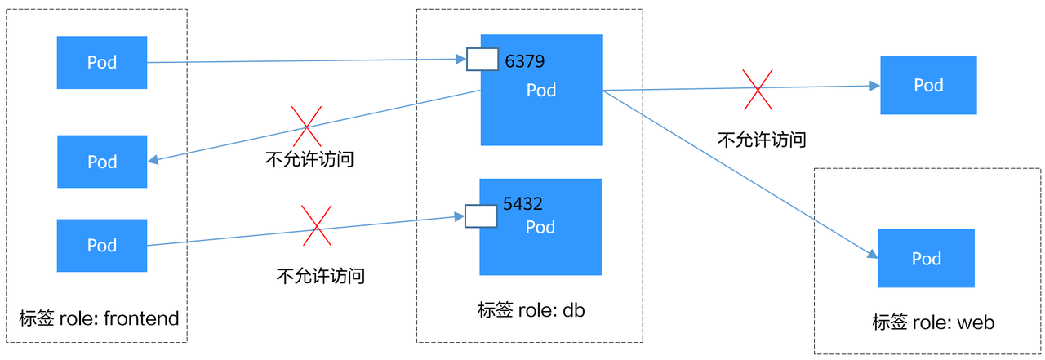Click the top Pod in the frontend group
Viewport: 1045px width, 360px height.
[102, 62]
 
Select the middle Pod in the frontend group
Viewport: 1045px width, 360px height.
[102, 162]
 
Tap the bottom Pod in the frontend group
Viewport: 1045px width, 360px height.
[102, 245]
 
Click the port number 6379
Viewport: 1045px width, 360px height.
[525, 61]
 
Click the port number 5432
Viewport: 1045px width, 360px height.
[522, 204]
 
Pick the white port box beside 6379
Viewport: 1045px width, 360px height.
[482, 60]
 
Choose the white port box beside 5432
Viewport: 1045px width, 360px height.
[481, 216]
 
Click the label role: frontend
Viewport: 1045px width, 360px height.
[98, 318]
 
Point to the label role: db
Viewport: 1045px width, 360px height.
[531, 310]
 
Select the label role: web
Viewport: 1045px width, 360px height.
[933, 322]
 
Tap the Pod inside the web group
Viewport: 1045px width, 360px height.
[927, 258]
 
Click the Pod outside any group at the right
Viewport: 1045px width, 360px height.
[928, 85]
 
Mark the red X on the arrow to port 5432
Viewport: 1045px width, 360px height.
[317, 226]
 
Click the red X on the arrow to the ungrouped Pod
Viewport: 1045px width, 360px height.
[757, 89]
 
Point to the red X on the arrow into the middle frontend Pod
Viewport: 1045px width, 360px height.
[306, 127]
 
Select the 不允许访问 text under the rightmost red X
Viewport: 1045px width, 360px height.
[762, 140]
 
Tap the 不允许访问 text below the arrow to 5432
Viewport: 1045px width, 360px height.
[321, 276]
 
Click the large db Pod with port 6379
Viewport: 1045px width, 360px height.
[541, 102]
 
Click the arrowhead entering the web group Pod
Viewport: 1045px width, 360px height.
[874, 255]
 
